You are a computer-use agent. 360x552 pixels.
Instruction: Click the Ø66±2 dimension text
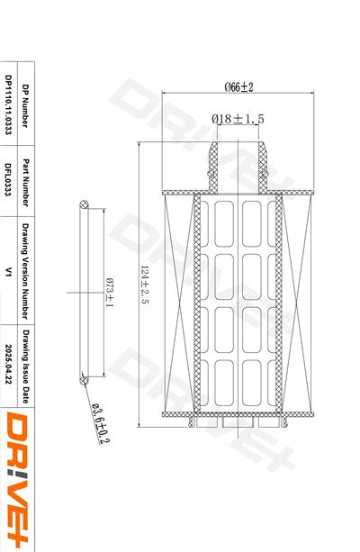(x=238, y=86)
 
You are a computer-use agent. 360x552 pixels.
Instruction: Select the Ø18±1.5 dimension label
(x=238, y=119)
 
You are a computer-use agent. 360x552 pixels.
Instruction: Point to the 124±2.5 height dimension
(x=145, y=285)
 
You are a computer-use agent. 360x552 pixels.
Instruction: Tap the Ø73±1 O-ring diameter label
(x=110, y=293)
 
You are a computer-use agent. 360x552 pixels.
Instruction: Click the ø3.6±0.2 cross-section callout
(x=101, y=423)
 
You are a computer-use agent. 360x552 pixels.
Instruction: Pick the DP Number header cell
(x=25, y=105)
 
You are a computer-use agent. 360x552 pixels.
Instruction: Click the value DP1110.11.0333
(x=8, y=104)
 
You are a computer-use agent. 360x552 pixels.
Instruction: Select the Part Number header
(x=25, y=183)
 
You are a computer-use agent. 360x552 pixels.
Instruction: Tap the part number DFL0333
(x=8, y=179)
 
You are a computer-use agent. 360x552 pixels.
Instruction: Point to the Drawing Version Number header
(x=25, y=271)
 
